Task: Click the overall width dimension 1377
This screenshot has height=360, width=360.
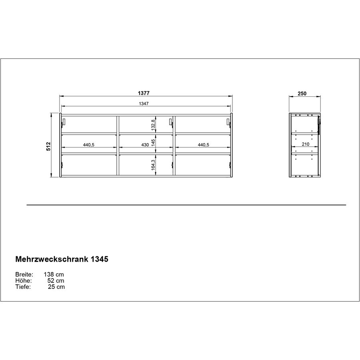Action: point(144,93)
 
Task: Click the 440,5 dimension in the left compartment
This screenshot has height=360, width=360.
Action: point(88,145)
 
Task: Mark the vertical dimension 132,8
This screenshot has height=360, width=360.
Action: point(153,125)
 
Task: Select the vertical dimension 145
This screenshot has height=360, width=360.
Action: point(153,144)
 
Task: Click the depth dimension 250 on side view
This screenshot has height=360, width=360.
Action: point(302,94)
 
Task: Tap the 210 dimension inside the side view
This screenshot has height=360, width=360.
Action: point(305,145)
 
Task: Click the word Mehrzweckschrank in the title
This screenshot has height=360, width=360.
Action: point(48,259)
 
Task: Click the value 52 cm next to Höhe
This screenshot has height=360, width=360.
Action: point(56,281)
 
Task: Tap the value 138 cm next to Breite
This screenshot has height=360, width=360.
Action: point(54,275)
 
